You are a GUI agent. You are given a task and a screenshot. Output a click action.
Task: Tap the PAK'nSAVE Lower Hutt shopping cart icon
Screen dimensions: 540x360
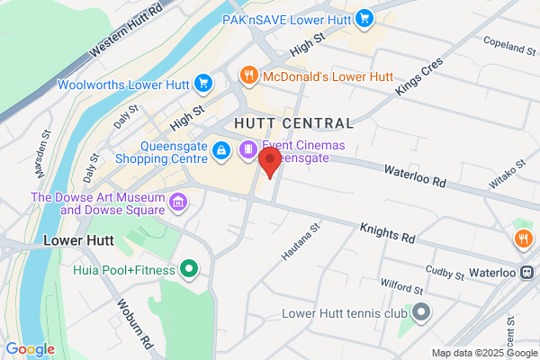pyautogui.click(x=364, y=17)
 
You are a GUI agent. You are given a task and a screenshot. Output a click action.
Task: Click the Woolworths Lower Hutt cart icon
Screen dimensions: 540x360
pyautogui.click(x=203, y=85)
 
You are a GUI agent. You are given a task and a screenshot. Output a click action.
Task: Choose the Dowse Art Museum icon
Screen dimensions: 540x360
pyautogui.click(x=178, y=199)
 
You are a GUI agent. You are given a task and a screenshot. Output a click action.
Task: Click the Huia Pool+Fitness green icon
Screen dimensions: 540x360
pyautogui.click(x=189, y=267)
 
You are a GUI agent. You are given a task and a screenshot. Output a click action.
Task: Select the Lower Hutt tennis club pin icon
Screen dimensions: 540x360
pyautogui.click(x=421, y=313)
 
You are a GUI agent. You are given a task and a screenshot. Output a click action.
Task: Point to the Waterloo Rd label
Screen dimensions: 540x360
pyautogui.click(x=415, y=175)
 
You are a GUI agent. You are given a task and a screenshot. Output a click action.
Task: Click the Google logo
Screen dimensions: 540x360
pyautogui.click(x=30, y=349)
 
